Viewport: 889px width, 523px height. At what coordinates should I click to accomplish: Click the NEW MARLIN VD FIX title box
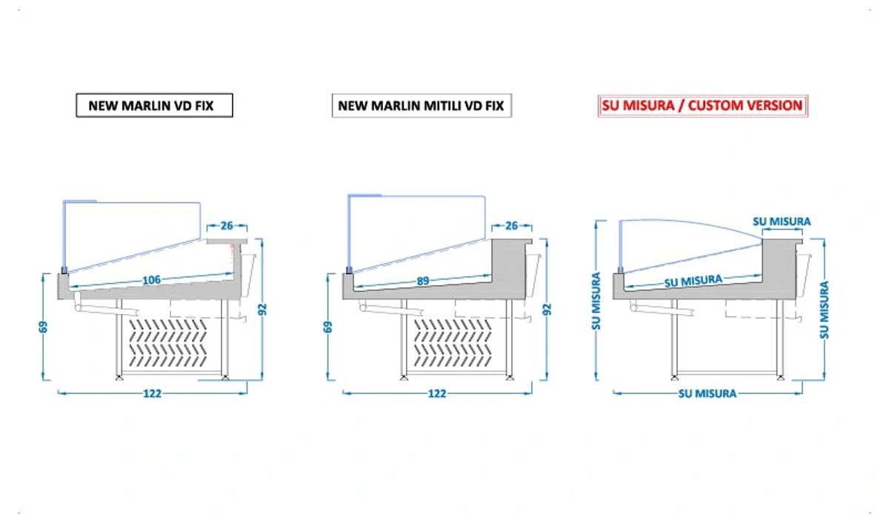[154, 105]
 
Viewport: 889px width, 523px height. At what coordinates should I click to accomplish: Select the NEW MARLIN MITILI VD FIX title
[422, 105]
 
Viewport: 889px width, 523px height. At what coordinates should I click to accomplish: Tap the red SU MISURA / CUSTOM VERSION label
[703, 105]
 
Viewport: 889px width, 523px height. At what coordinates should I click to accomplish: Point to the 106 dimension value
[152, 280]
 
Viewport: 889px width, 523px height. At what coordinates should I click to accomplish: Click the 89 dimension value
[423, 281]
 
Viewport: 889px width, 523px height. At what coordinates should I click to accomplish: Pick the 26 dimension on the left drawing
[227, 226]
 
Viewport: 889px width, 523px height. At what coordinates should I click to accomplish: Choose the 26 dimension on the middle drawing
[512, 226]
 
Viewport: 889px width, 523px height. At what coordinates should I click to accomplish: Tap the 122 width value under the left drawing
[153, 393]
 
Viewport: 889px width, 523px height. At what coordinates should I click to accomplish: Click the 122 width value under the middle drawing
[437, 393]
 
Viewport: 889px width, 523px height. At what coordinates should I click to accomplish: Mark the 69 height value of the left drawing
[43, 327]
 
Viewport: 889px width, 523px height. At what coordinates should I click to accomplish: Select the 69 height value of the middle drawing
[328, 327]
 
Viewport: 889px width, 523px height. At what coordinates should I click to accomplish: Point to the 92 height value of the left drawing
[262, 309]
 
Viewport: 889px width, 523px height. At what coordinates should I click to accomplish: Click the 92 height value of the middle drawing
[547, 309]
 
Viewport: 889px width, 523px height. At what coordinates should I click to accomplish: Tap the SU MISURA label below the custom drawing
[707, 393]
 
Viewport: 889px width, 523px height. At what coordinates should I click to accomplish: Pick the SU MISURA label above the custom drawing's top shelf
[782, 221]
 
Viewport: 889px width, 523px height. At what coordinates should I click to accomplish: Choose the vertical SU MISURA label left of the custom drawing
[596, 302]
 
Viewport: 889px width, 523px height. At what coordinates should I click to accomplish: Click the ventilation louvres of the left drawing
[168, 342]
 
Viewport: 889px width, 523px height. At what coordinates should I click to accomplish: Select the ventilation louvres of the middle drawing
[453, 342]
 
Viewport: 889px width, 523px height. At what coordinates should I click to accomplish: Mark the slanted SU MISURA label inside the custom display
[693, 282]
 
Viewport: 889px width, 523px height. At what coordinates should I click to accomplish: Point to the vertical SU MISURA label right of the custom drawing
[825, 310]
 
